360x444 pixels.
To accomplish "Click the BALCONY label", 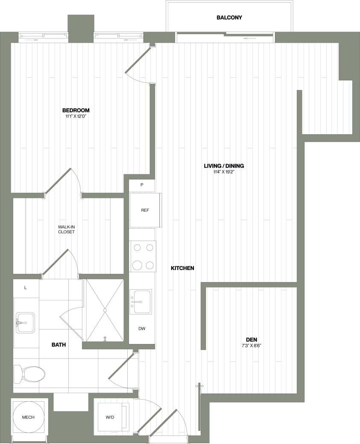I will (229, 18).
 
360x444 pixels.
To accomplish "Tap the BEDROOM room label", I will (76, 110).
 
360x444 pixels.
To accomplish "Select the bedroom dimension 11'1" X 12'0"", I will (76, 116).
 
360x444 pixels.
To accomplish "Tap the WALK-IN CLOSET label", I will (67, 229).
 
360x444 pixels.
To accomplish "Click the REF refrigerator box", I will (144, 210).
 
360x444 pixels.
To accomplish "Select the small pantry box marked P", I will (142, 185).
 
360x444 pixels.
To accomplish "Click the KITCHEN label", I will (183, 268).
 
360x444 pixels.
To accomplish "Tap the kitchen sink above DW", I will (141, 301).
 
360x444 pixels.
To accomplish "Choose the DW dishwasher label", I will (142, 329).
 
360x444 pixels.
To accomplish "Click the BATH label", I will (59, 344).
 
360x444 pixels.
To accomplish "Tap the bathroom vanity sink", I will (25, 322).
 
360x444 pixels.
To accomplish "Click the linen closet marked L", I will (26, 288).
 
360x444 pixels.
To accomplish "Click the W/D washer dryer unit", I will (110, 417).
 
